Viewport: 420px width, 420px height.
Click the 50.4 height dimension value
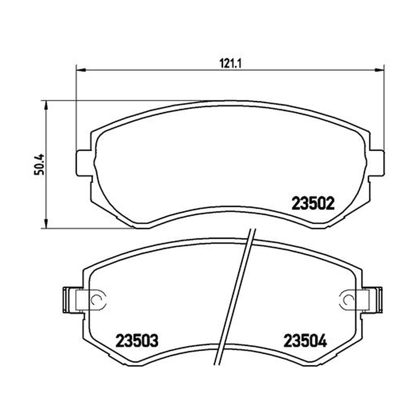(x=39, y=164)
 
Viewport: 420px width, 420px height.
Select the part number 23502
(x=313, y=204)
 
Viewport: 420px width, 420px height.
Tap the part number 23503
(x=137, y=341)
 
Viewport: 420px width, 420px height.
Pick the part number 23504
(x=306, y=341)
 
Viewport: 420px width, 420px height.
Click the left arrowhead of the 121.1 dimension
(x=81, y=70)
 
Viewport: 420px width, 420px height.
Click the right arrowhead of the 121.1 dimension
(x=379, y=70)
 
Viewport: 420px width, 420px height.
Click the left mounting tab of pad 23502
(x=84, y=163)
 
